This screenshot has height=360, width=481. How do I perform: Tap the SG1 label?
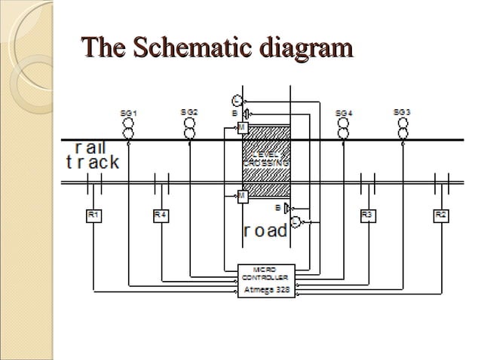(129, 112)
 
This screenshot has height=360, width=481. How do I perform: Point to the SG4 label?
(344, 112)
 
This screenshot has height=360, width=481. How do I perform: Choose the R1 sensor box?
(93, 215)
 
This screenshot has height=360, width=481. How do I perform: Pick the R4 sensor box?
(160, 215)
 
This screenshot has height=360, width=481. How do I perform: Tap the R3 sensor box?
(367, 215)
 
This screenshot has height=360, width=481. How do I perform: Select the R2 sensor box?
(440, 215)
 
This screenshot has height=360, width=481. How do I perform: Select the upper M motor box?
(242, 129)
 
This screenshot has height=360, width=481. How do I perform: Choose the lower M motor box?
(242, 196)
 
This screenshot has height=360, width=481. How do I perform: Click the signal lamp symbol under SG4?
(344, 129)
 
